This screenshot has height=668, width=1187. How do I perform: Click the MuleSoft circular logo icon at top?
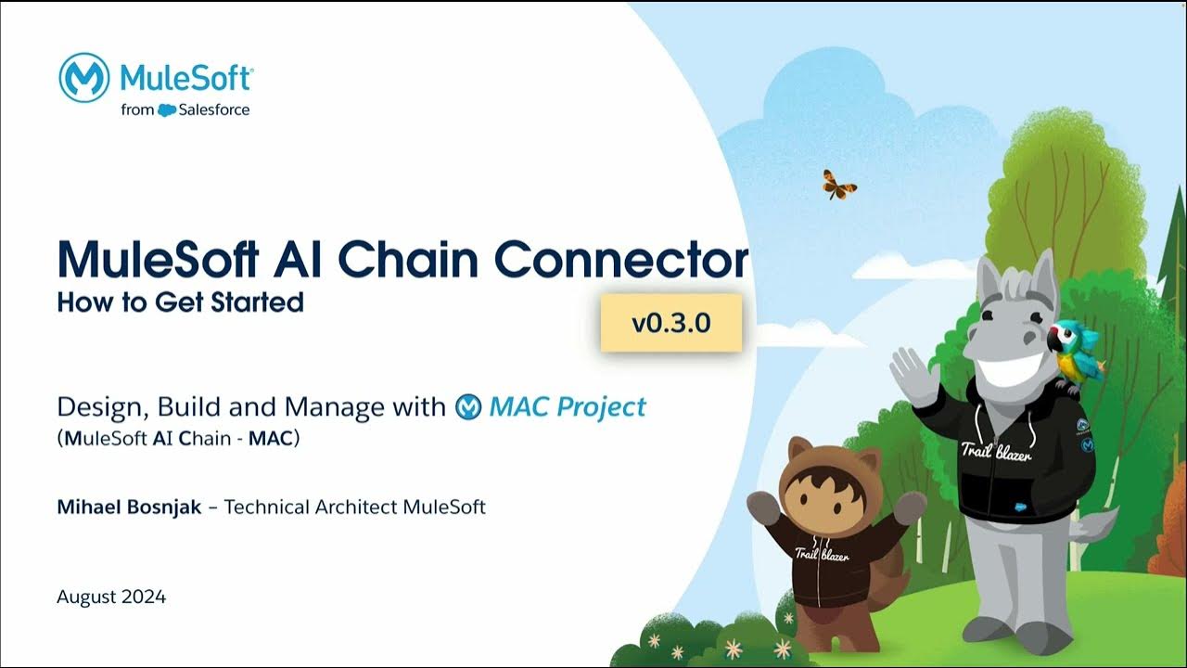84,78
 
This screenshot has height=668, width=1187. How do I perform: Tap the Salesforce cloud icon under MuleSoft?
167,110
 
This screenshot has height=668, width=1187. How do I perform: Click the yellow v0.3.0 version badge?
670,324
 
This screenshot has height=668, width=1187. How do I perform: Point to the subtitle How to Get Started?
180,302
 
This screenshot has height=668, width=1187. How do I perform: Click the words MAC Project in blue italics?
568,407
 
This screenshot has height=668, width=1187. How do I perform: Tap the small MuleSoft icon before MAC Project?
468,407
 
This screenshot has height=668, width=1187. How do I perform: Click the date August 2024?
111,597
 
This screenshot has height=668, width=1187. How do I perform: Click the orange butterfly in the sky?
839,184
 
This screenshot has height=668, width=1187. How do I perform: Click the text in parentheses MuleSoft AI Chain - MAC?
178,439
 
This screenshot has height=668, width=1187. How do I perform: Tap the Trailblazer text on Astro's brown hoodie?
822,554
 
